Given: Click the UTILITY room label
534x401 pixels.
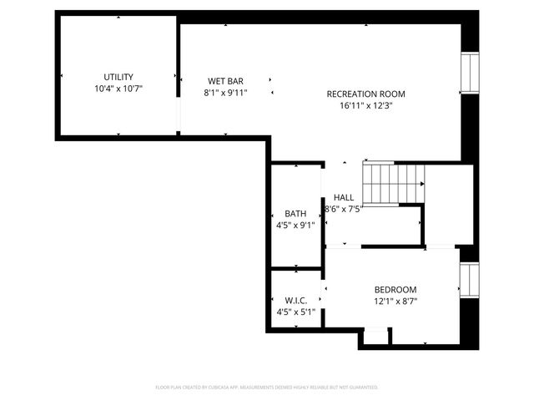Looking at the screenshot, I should pyautogui.click(x=118, y=77).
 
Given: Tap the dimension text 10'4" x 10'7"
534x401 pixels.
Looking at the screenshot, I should pyautogui.click(x=118, y=88).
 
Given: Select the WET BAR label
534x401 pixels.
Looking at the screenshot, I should pyautogui.click(x=225, y=81).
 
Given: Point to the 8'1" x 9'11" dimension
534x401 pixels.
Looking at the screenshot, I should pyautogui.click(x=225, y=93).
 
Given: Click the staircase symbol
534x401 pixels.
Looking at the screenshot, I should pyautogui.click(x=393, y=181).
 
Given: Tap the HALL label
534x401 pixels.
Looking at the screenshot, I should pyautogui.click(x=343, y=198).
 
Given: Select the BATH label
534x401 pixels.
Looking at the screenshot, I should pyautogui.click(x=295, y=213).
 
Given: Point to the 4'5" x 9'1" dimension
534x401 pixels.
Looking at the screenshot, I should pyautogui.click(x=295, y=225).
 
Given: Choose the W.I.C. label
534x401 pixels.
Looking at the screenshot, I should pyautogui.click(x=295, y=301).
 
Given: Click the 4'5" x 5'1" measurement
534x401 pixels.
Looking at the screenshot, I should pyautogui.click(x=295, y=312).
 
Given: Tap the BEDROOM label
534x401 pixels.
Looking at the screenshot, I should pyautogui.click(x=395, y=290).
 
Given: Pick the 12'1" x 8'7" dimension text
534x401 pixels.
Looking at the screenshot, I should pyautogui.click(x=395, y=302).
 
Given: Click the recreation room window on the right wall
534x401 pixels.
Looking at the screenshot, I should pyautogui.click(x=471, y=73).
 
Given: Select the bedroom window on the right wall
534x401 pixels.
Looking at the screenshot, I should pyautogui.click(x=471, y=278).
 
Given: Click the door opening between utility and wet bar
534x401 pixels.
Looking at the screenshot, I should pyautogui.click(x=179, y=116).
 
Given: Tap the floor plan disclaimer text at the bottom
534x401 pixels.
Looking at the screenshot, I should pyautogui.click(x=267, y=388).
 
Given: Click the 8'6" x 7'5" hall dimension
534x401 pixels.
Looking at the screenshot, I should pyautogui.click(x=343, y=210).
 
